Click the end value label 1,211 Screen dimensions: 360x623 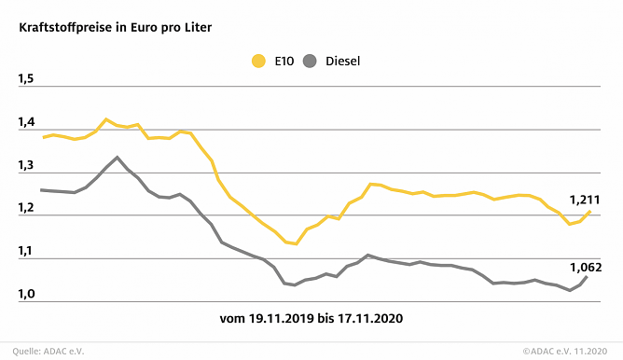[585, 200]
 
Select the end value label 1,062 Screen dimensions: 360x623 [585, 267]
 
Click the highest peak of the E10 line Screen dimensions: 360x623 [106, 119]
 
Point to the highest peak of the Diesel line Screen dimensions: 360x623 [117, 157]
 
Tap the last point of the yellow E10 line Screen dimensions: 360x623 [589, 212]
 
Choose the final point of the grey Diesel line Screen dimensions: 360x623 [587, 277]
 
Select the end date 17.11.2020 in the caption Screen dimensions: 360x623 [370, 319]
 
